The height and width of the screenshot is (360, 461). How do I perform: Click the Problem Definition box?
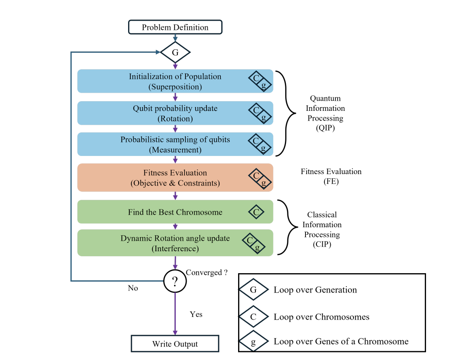pos(175,27)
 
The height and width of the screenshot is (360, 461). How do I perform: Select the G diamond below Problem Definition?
pos(175,53)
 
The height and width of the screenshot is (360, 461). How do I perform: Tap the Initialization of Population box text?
pos(175,81)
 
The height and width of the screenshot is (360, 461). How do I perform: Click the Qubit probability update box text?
pos(175,113)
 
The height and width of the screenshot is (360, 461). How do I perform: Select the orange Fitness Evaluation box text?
pos(175,178)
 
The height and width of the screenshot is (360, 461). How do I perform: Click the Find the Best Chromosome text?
pos(175,212)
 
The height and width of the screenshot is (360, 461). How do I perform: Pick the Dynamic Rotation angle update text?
pos(175,243)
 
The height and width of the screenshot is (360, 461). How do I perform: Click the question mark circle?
pos(175,281)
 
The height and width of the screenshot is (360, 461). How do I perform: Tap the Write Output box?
pos(175,344)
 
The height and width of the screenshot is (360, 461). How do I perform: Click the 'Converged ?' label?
pos(206,272)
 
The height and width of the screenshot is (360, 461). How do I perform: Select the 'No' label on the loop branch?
pos(133,288)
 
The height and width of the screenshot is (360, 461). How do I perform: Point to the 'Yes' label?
pos(196,314)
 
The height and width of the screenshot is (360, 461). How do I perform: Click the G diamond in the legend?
pos(253,290)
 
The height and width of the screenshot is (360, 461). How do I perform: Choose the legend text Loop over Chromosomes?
pos(321,317)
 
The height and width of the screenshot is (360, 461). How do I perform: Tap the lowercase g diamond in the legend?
pos(253,341)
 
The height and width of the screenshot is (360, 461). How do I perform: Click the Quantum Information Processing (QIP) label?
pos(325,113)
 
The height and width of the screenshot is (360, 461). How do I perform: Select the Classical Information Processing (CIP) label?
pos(322,229)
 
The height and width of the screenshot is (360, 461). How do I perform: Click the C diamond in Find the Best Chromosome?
pos(256,212)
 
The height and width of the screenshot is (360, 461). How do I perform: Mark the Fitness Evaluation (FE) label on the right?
pos(331,176)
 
